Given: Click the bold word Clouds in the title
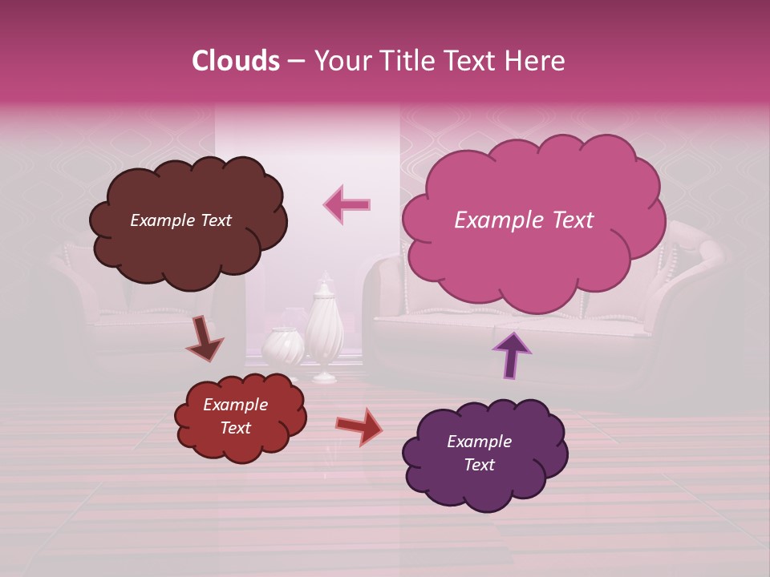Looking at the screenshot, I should pos(236,61).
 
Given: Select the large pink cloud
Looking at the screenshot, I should pos(533,256).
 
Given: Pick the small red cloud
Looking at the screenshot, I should pos(240,445).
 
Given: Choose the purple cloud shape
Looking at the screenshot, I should pos(485,485).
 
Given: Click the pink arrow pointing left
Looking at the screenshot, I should pos(347,204).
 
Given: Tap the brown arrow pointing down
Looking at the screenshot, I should pos(205,341).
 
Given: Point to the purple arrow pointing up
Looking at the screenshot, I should pos(511,354).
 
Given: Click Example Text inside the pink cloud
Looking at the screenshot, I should pos(524,220).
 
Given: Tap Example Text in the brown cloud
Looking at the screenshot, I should pos(180,220).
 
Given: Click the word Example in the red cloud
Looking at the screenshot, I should pos(235,405).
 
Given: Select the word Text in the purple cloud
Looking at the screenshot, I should pos(479,465).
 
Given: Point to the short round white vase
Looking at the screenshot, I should pos(283,349).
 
